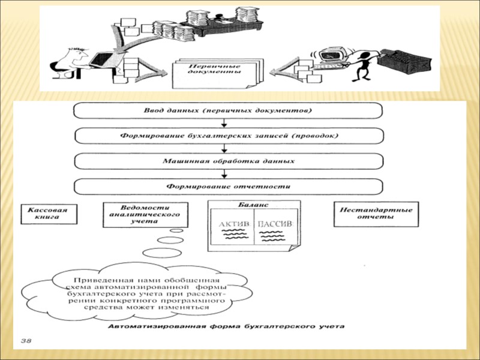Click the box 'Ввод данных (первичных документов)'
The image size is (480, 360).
(227, 110)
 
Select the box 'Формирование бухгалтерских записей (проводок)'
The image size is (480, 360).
(227, 136)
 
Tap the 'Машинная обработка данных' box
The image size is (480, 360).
(227, 161)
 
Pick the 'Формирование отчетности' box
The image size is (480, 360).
(227, 186)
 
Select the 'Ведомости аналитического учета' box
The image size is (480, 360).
(145, 214)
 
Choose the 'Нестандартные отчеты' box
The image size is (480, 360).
(376, 214)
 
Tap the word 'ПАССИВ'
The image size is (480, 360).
(274, 225)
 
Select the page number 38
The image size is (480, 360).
(26, 341)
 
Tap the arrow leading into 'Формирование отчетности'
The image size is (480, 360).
(223, 174)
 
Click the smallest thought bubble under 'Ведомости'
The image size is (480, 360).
(176, 230)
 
